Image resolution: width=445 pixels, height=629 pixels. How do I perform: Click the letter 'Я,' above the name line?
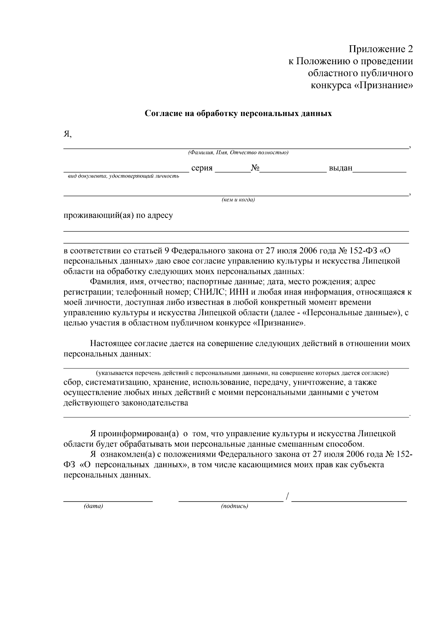pos(67,134)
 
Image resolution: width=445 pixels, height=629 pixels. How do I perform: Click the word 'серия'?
pos(202,168)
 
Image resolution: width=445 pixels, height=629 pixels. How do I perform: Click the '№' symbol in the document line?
pos(255,168)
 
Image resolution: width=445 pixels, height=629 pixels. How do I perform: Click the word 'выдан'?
pos(340,168)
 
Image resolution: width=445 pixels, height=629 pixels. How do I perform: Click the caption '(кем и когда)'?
pos(238,200)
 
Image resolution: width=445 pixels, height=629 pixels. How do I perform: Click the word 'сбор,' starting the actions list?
pos(73,382)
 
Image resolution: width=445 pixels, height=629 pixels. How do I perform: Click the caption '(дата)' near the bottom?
pos(93,506)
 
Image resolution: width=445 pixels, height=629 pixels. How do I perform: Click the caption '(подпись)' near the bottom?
pos(234,506)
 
